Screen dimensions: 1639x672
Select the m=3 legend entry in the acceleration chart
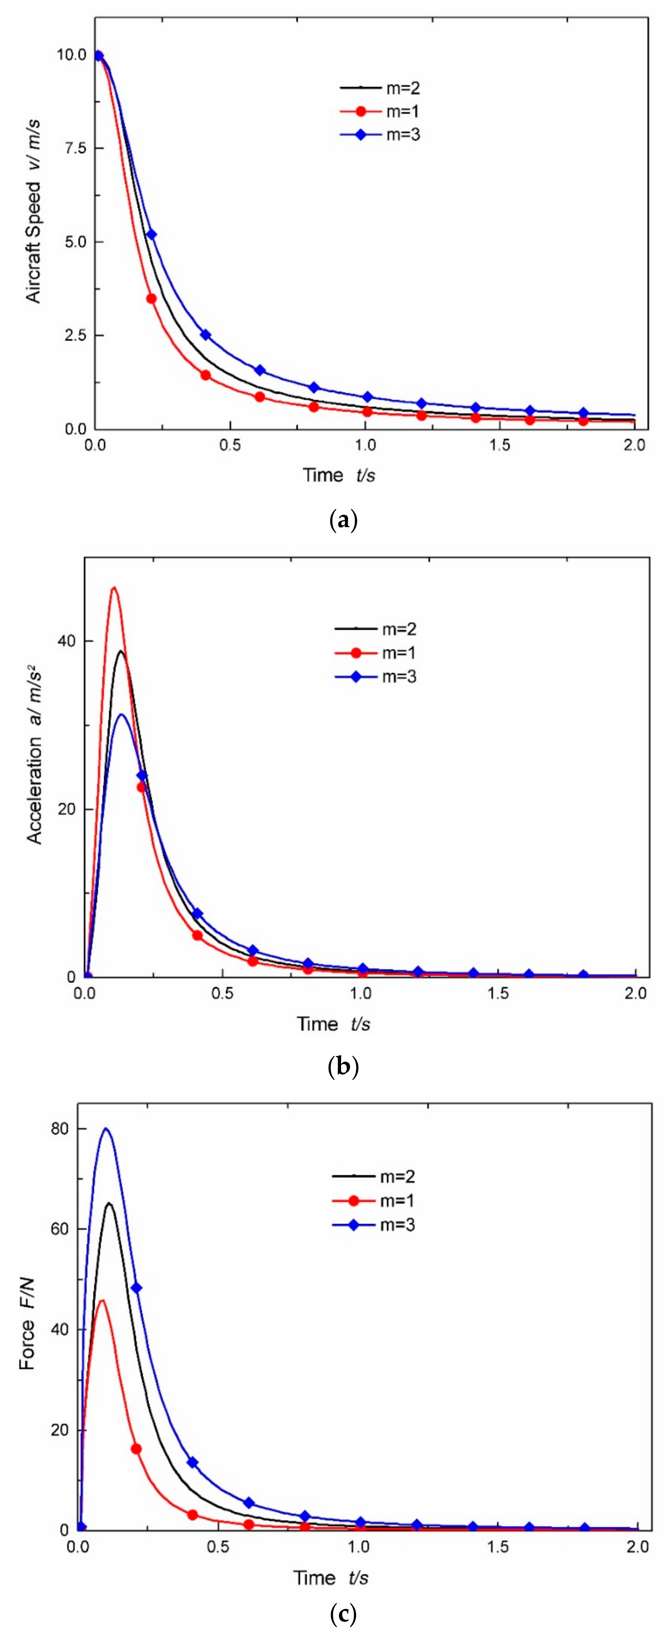tap(375, 676)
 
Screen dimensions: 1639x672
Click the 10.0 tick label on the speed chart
tap(71, 55)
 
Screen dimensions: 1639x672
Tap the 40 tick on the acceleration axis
tap(66, 641)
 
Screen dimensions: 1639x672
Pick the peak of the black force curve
tap(109, 1203)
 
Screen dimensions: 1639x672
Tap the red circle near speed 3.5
tap(151, 298)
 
